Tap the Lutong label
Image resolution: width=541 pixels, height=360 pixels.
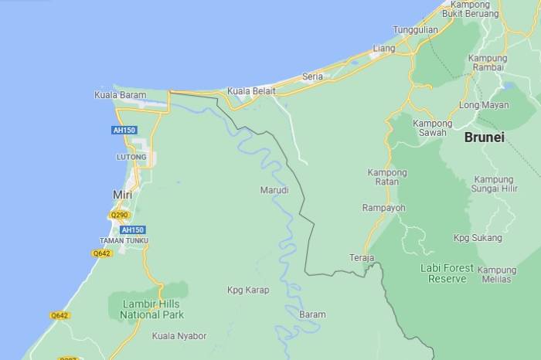(x=131, y=157)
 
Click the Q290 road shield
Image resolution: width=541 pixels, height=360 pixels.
(x=119, y=215)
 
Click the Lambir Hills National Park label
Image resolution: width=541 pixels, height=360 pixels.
(x=152, y=309)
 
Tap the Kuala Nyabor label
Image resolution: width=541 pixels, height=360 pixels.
(x=179, y=336)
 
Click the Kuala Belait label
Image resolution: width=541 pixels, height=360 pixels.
(x=251, y=91)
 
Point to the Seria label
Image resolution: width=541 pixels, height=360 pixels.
(x=312, y=76)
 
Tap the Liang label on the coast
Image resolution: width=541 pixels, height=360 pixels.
(x=384, y=49)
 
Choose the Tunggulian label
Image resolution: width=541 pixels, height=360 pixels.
(x=415, y=30)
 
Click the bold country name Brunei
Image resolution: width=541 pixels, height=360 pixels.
(x=485, y=138)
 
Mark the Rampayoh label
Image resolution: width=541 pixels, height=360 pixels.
(x=383, y=208)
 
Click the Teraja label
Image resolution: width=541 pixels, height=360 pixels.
(x=362, y=257)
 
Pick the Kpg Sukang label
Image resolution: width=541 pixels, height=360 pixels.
(x=478, y=237)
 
